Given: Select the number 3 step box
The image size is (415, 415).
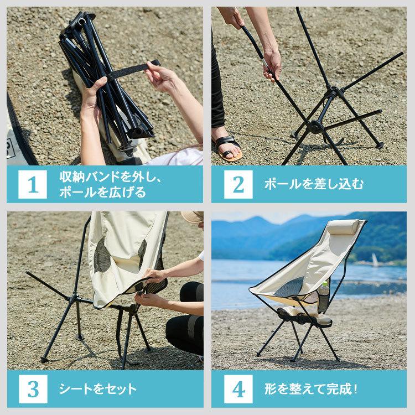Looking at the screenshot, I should [x=33, y=389].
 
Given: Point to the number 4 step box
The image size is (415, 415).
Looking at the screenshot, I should [x=238, y=389].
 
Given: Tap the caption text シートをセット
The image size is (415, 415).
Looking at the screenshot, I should [x=97, y=389].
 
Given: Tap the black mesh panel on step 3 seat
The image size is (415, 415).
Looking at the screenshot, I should [x=102, y=257].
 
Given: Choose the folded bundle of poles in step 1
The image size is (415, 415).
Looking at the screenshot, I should [x=100, y=83].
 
